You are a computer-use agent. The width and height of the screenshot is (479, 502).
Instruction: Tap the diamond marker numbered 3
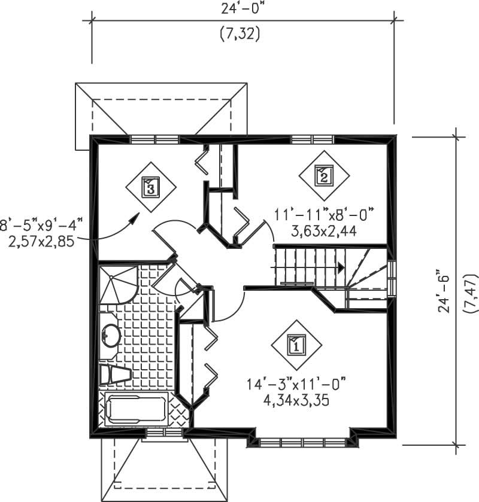tap(150, 187)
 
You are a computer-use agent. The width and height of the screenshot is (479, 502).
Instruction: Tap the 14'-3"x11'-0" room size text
tap(298, 384)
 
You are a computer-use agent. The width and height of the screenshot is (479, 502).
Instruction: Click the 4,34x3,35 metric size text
tap(298, 399)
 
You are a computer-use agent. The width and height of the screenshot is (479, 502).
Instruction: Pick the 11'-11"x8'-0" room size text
tap(324, 215)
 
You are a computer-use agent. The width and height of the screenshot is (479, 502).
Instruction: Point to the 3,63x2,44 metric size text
tap(324, 230)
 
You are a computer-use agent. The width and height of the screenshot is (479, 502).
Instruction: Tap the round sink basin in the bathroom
tap(110, 335)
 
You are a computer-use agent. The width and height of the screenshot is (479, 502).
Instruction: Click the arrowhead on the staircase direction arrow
tap(341, 267)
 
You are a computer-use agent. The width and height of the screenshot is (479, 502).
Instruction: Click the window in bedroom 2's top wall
tap(312, 139)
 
